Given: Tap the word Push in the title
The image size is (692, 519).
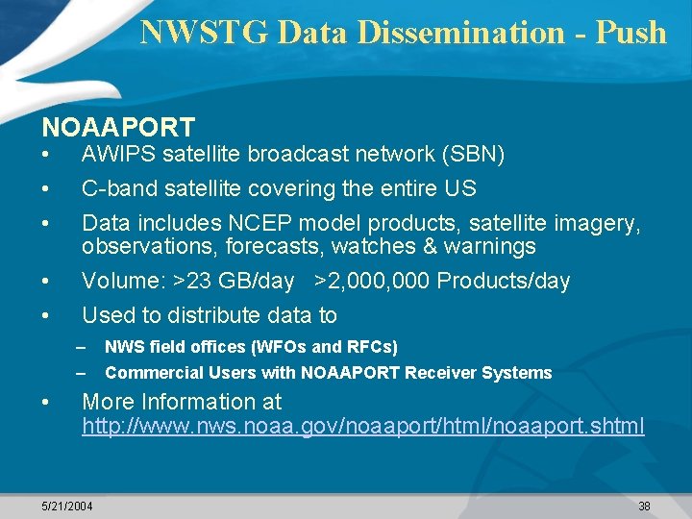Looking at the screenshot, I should coord(630,32).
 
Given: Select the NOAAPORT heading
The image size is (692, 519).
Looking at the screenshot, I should coord(118,126).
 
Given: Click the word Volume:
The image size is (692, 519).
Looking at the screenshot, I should coord(123,282).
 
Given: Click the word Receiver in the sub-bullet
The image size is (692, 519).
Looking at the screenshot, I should coord(445,373).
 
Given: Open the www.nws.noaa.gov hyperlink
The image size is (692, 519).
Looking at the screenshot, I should coord(363,426).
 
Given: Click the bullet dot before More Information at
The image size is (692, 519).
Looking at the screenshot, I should coord(45,402).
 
